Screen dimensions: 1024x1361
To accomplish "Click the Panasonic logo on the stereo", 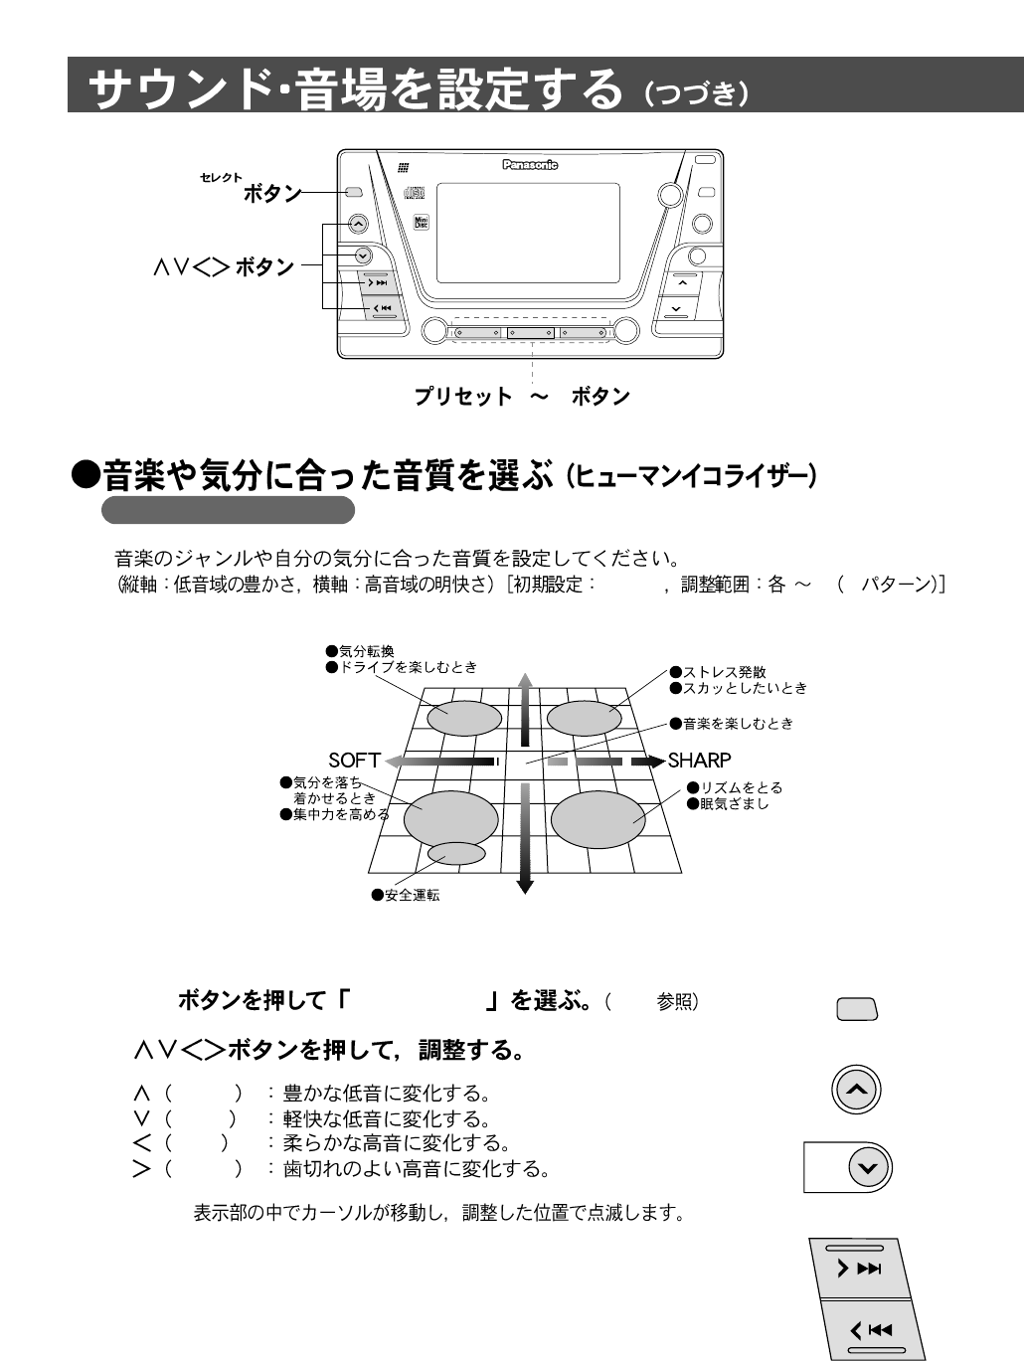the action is tap(530, 166).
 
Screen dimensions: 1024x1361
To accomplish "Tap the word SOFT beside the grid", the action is tap(355, 761).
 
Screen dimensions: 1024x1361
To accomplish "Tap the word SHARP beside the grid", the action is tap(700, 761).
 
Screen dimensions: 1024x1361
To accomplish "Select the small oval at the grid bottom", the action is tap(456, 853).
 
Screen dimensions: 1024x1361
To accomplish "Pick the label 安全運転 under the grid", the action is tap(412, 895).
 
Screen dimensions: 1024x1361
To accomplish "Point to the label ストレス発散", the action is tap(723, 673).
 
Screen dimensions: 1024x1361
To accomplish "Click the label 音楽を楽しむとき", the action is tap(737, 723).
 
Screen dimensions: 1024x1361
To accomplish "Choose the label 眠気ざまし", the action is tap(734, 803).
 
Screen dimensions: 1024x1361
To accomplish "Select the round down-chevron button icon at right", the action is tap(869, 1167).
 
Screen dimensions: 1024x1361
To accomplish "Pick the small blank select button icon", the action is tap(857, 1010).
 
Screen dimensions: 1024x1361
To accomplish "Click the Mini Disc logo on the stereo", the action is tap(421, 222).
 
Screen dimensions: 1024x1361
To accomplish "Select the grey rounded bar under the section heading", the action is tap(228, 510).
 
